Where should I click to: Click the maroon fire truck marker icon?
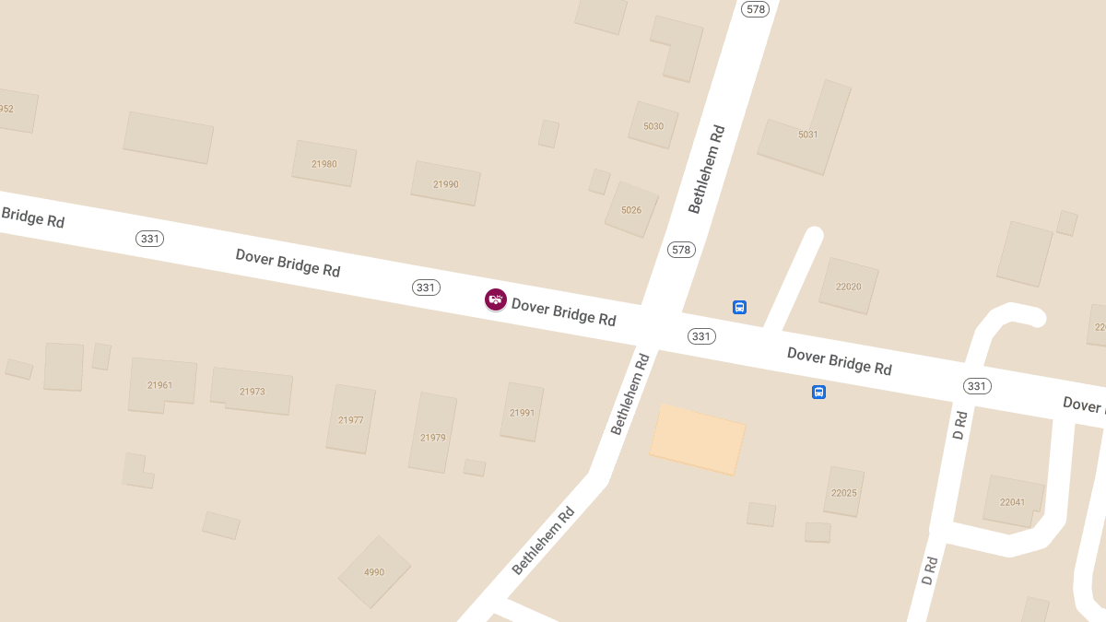[496, 299]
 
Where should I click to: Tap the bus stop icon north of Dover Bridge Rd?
[739, 307]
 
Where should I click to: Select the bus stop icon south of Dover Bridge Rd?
[818, 393]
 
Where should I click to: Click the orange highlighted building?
[698, 439]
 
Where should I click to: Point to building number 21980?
[324, 164]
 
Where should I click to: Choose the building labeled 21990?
[446, 184]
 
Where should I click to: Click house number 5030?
[653, 126]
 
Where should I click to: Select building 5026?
[631, 210]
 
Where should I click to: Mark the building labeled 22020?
[849, 287]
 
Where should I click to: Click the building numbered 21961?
[160, 385]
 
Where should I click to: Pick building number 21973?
[253, 392]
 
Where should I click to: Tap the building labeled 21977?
[351, 420]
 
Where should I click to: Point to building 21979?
[433, 437]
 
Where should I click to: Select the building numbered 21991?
[523, 413]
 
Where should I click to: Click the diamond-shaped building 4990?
[374, 572]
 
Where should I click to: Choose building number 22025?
[844, 492]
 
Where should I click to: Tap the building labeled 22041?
[1012, 502]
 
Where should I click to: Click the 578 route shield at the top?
[756, 9]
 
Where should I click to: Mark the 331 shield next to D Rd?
[977, 386]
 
